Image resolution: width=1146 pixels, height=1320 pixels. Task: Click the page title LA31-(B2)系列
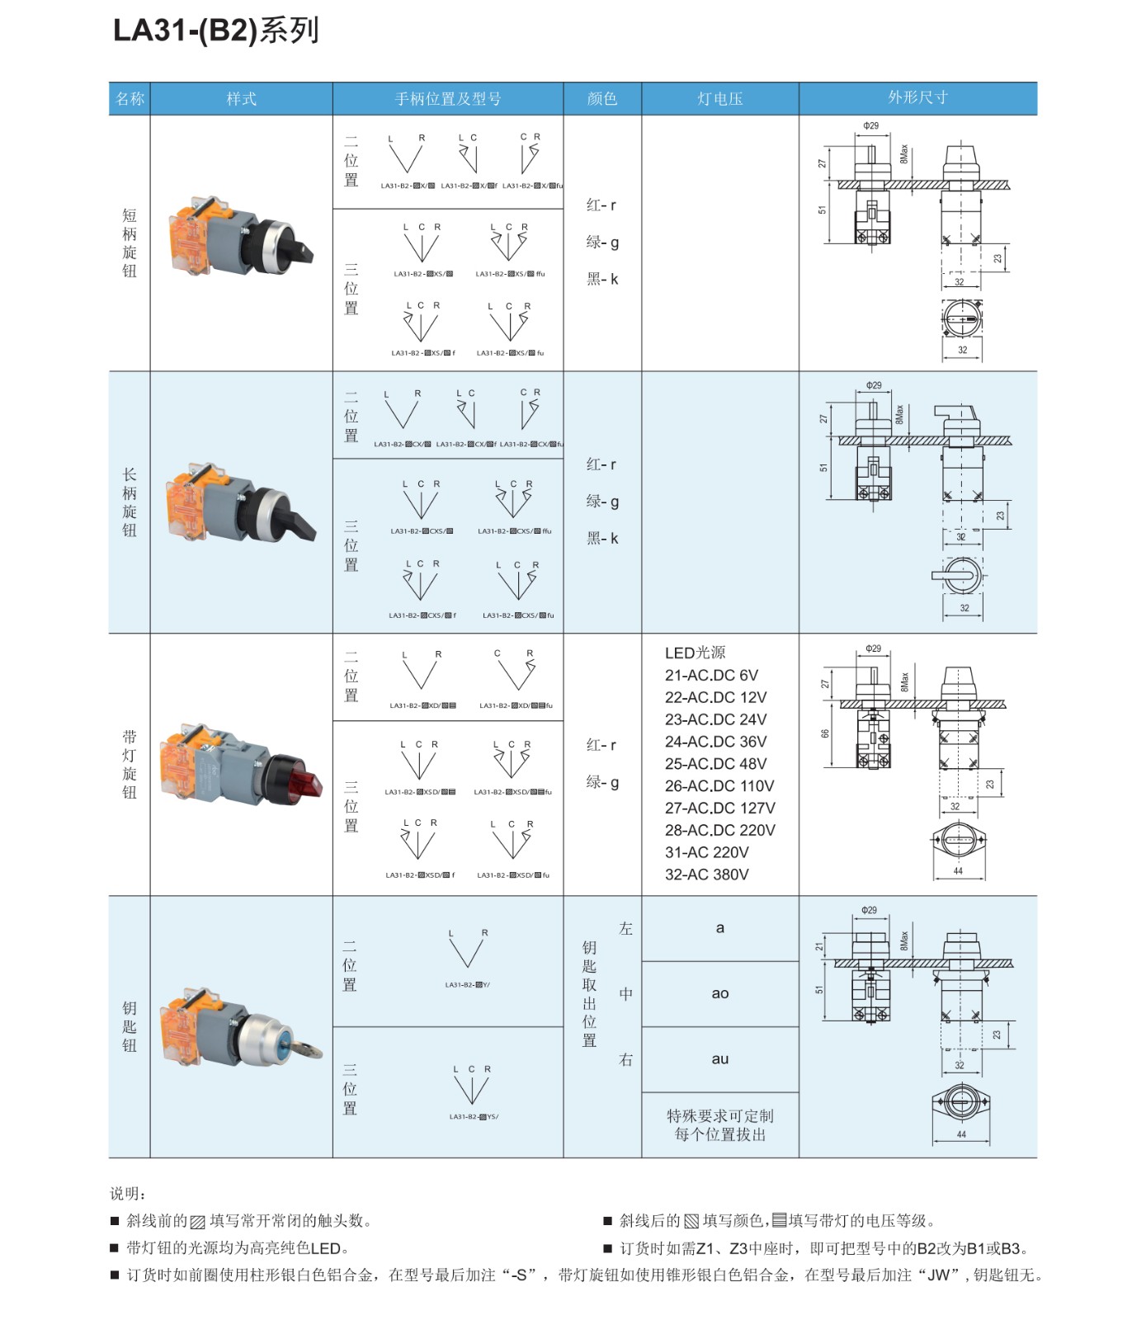[x=215, y=31]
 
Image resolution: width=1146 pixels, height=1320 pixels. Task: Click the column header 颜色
[x=601, y=99]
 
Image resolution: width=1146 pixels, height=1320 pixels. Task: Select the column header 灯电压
[x=719, y=99]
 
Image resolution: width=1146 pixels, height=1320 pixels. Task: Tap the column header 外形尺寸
[x=917, y=97]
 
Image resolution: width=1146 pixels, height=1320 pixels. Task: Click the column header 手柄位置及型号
[x=447, y=99]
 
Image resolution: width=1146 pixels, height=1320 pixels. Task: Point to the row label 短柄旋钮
[x=130, y=243]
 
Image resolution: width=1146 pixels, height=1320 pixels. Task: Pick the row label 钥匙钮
[x=130, y=1026]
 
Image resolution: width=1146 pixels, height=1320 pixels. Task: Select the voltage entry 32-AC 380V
[x=706, y=874]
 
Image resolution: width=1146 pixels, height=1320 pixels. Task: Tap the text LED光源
[x=695, y=653]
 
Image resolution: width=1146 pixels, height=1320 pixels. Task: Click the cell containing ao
[x=719, y=993]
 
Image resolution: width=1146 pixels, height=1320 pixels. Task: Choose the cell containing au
[x=719, y=1058]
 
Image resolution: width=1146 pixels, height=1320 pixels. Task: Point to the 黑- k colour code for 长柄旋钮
[x=601, y=539]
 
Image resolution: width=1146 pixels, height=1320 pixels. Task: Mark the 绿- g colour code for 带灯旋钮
[x=601, y=782]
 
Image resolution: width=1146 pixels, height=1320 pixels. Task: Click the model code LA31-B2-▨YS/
[x=474, y=1117]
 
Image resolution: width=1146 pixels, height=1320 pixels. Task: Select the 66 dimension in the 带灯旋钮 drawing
[x=824, y=733]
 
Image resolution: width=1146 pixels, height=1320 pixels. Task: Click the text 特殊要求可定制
[x=719, y=1116]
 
